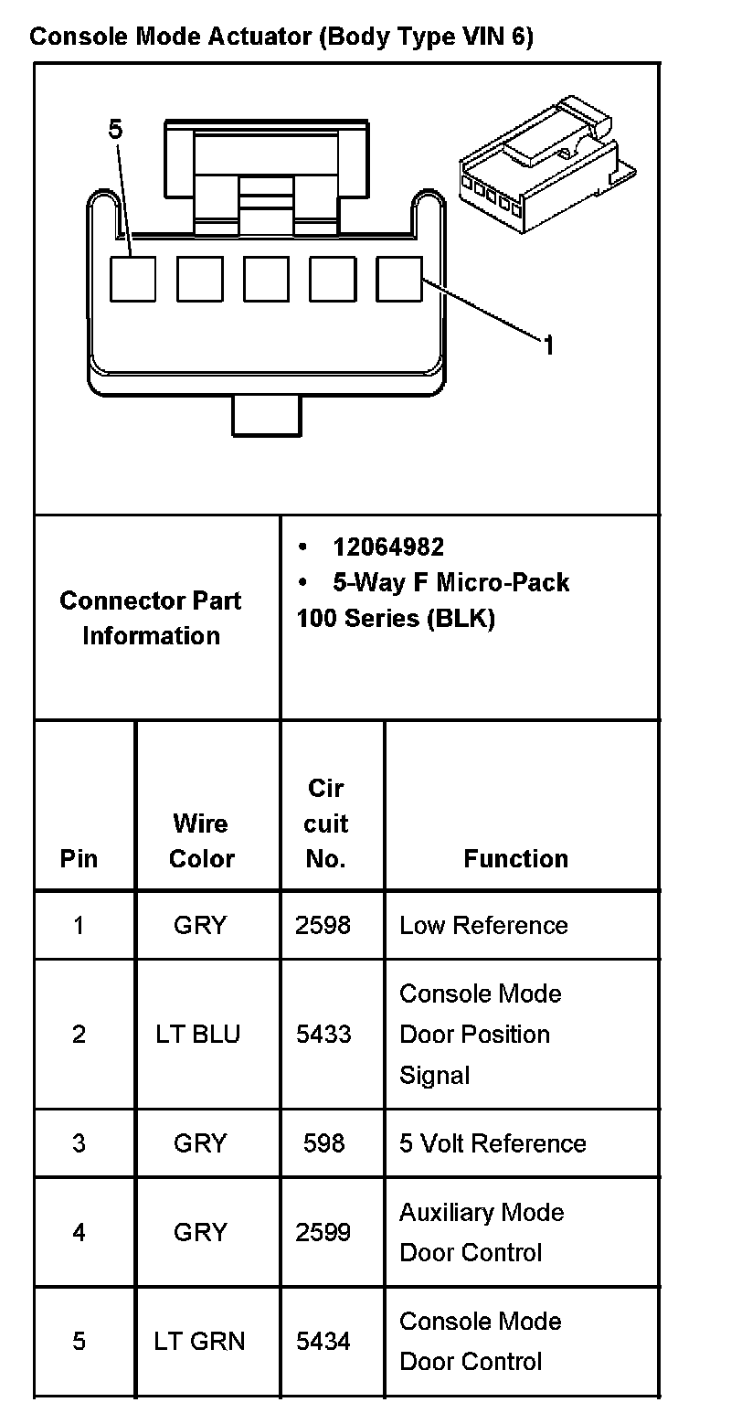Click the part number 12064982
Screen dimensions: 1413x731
[x=388, y=547]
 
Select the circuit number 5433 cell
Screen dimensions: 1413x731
[x=323, y=1034]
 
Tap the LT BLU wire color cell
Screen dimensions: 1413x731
[x=198, y=1034]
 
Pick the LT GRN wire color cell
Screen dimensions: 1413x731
[x=199, y=1341]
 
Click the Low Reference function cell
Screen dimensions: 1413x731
[x=483, y=925]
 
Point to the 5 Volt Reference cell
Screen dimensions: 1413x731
[x=493, y=1143]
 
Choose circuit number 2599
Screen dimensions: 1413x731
[x=323, y=1232]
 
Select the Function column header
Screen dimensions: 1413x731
[x=515, y=858]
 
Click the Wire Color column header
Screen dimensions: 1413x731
[x=202, y=841]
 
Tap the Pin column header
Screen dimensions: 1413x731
[x=79, y=858]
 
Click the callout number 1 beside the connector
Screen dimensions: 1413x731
[x=548, y=345]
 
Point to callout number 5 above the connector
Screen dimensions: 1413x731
[x=114, y=131]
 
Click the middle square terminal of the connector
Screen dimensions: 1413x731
[x=266, y=279]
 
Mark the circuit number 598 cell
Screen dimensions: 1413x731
[x=323, y=1143]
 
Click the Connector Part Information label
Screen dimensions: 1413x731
[x=151, y=618]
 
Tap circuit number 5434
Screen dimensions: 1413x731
[x=323, y=1341]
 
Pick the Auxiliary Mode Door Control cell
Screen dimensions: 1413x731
[x=482, y=1232]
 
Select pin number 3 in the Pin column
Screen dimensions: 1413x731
[x=79, y=1143]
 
